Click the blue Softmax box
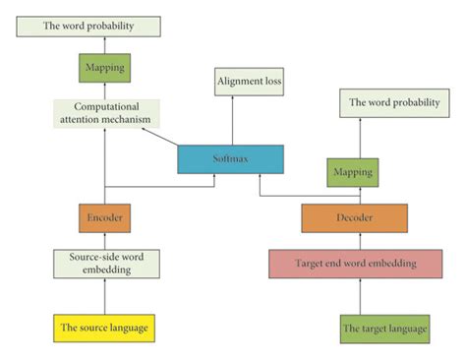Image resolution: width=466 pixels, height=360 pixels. pyautogui.click(x=230, y=159)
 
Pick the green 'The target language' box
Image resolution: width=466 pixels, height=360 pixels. pyautogui.click(x=384, y=328)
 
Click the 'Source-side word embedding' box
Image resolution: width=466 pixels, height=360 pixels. pyautogui.click(x=103, y=263)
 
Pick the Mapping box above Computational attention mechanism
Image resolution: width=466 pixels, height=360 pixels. pyautogui.click(x=103, y=69)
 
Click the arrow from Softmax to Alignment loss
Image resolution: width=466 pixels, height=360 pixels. pyautogui.click(x=233, y=120)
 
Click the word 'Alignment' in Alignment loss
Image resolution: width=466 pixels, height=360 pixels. pyautogui.click(x=236, y=82)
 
